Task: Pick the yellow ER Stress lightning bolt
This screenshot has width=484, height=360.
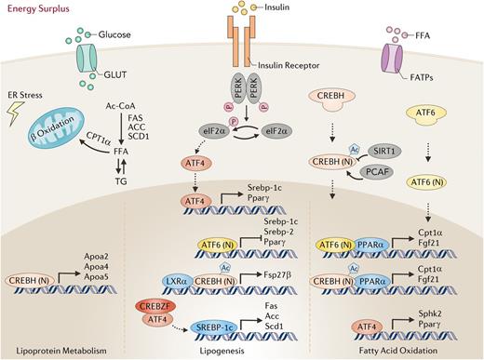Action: (x=20, y=116)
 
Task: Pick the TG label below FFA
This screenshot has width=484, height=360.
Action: (x=133, y=181)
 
